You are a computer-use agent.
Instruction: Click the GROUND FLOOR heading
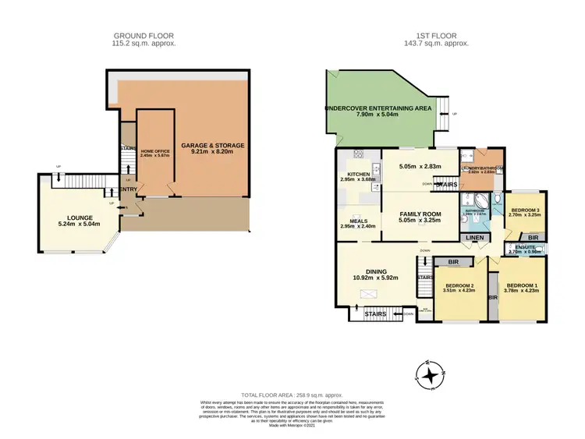coord(144,36)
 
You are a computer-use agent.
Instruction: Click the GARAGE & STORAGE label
coord(213,146)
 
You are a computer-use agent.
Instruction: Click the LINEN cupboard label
coord(473,238)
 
